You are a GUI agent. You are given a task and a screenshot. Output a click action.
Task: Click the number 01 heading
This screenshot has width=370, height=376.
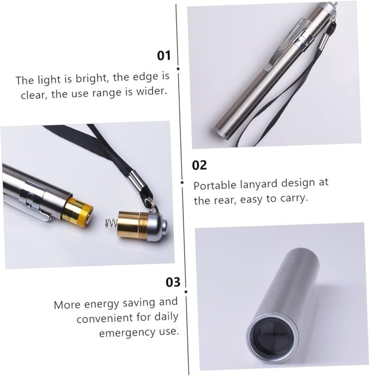pos(164,56)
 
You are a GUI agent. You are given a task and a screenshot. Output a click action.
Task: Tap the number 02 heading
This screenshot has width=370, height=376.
pos(199,165)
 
